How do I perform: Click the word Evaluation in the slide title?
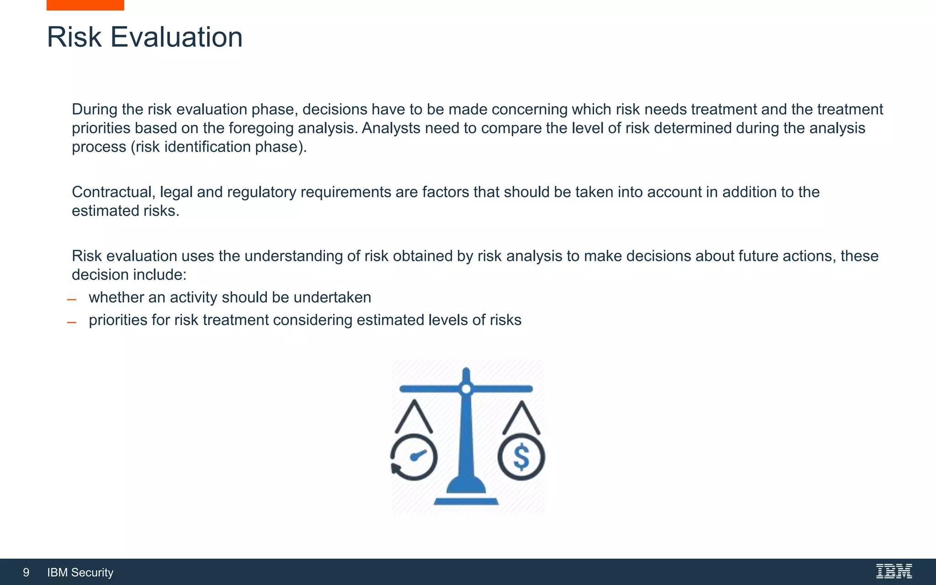(176, 37)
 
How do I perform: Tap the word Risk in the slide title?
(74, 37)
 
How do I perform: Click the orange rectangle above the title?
(85, 5)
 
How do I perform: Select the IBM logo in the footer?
(893, 571)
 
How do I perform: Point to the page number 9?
(26, 572)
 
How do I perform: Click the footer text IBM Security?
(80, 572)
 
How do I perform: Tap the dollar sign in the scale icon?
(521, 457)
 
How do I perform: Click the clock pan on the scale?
(414, 457)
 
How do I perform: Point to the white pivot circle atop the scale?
(466, 389)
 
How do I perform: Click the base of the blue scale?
(466, 501)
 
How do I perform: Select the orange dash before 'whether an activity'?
(71, 300)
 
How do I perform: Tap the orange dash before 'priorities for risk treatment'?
(71, 323)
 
